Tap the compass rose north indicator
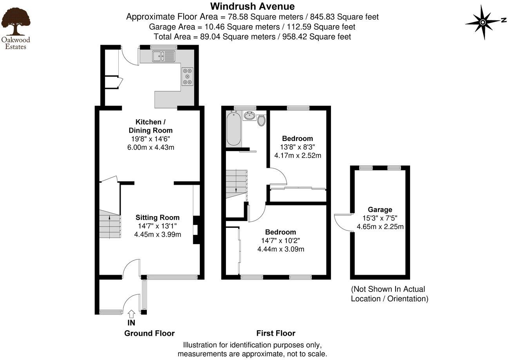click(483, 22)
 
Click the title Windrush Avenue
click(252, 6)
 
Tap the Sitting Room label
click(157, 218)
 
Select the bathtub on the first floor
click(233, 128)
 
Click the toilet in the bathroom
click(261, 120)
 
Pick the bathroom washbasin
click(249, 115)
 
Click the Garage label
click(380, 210)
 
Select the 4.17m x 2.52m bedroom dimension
click(297, 155)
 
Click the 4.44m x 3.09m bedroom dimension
click(280, 249)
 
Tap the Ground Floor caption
click(149, 333)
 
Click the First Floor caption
click(276, 333)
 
